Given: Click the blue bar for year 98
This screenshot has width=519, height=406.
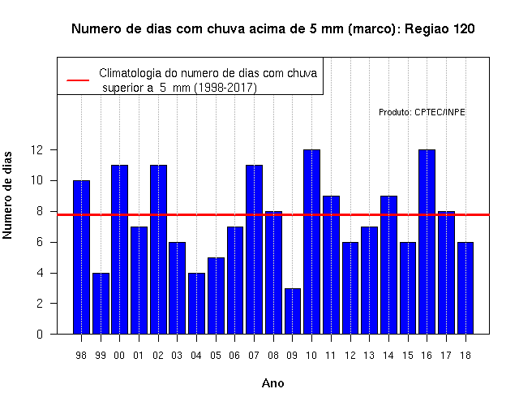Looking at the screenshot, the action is [81, 257].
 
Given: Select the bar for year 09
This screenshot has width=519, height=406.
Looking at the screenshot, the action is [293, 311].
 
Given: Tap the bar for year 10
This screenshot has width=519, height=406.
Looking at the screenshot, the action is [311, 242].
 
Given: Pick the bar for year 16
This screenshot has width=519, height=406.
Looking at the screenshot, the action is [427, 242].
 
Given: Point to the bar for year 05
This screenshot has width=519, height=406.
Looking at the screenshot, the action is [216, 296].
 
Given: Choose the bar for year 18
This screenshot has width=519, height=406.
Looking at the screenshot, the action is [465, 288].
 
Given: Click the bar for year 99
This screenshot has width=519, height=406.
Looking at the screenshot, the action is [101, 304].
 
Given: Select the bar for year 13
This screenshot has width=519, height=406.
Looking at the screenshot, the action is [370, 280].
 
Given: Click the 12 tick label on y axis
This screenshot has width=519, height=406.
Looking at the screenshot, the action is [36, 149].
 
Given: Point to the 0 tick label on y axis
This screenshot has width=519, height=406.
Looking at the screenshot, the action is [40, 334].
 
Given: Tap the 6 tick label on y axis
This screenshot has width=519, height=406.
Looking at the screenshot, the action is [40, 242].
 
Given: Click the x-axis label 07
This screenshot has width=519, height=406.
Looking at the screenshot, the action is [254, 356].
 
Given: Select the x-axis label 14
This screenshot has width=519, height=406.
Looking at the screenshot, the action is [388, 356].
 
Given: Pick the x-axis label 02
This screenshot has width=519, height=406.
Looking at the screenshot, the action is [158, 356].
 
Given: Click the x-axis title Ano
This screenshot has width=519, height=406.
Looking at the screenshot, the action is [272, 383].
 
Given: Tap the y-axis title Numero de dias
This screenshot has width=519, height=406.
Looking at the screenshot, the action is [7, 195].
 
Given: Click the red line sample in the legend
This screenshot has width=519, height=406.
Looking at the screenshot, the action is [78, 80].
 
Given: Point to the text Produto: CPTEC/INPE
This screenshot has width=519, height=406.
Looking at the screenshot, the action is [422, 112].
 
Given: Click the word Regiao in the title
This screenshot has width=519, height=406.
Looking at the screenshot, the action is [425, 29].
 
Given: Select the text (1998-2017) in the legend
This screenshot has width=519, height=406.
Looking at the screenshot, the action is [225, 88].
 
